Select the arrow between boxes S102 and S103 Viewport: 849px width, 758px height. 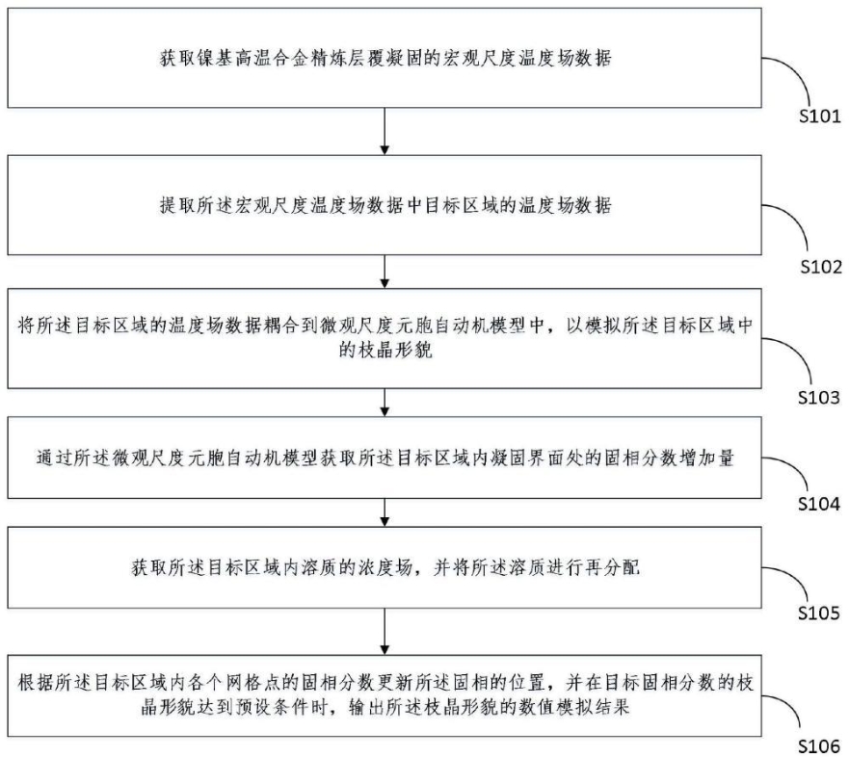[385, 270]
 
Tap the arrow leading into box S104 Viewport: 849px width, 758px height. [385, 401]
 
